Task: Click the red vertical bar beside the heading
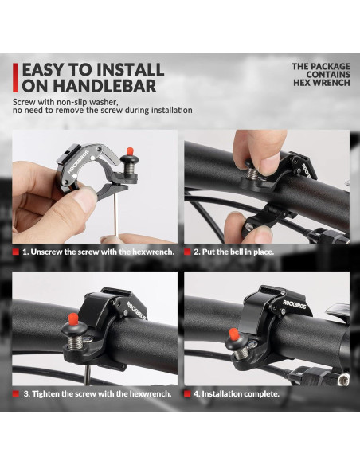pyautogui.click(x=15, y=78)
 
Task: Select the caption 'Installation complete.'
pyautogui.click(x=240, y=394)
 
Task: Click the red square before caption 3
pyautogui.click(x=16, y=394)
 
